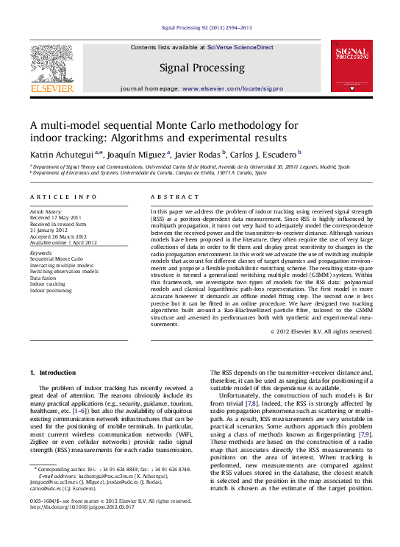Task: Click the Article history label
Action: coord(46,211)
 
